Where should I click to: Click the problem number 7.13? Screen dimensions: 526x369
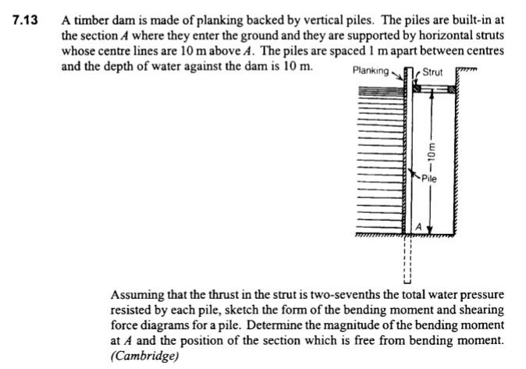point(26,21)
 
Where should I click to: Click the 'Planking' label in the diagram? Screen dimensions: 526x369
point(371,71)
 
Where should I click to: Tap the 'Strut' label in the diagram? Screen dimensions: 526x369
point(432,73)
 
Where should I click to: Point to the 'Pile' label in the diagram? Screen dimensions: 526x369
point(428,179)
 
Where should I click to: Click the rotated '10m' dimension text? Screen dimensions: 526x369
point(431,154)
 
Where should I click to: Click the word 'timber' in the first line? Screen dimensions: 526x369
point(89,21)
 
